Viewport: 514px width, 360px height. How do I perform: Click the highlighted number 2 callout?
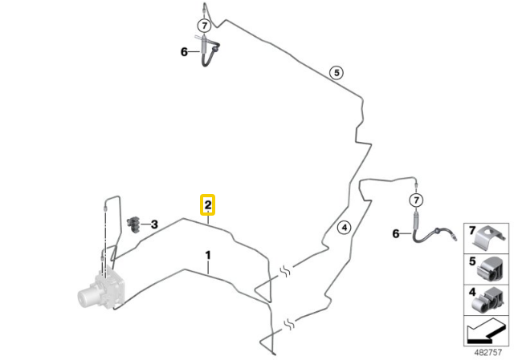[x=207, y=205]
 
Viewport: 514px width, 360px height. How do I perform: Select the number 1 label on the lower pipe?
[x=208, y=255]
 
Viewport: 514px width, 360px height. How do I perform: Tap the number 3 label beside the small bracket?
[x=154, y=224]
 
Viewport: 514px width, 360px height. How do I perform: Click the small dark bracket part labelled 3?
[x=133, y=224]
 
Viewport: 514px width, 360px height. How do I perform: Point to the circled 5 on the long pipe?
[x=337, y=72]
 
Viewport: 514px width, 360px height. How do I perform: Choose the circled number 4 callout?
[x=345, y=228]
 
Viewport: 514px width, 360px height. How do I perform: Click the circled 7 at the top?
[x=205, y=25]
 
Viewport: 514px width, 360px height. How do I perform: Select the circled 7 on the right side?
[x=416, y=200]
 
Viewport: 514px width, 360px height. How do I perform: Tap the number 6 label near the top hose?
[x=184, y=51]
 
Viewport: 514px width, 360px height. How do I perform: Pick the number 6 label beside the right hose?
[x=396, y=233]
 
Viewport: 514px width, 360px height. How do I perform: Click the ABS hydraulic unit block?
[x=102, y=289]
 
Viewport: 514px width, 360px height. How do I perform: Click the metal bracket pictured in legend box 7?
[x=487, y=238]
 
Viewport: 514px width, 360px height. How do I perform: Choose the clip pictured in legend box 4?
[x=487, y=300]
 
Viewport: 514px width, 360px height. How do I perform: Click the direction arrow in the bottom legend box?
[x=486, y=332]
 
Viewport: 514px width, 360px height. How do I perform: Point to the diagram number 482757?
[x=487, y=352]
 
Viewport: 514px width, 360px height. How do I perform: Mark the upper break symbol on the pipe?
[x=285, y=271]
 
